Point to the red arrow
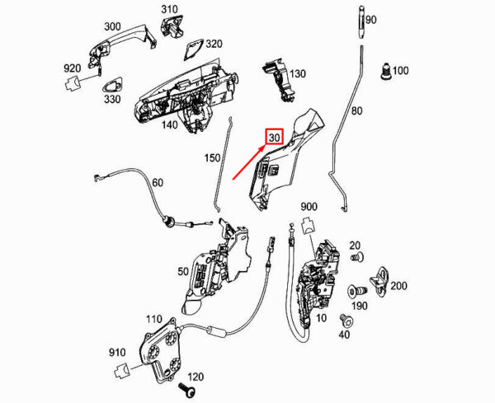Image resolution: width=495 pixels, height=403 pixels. tap(248, 162)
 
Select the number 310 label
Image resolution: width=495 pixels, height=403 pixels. tap(169, 10)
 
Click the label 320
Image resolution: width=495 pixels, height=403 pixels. tap(214, 43)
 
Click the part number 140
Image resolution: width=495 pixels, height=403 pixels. tap(169, 125)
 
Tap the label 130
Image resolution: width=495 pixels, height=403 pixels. tap(297, 73)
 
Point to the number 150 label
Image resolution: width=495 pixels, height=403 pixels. tap(212, 156)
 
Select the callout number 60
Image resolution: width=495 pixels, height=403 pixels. tap(158, 183)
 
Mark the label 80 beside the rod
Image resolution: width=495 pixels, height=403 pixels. tap(356, 110)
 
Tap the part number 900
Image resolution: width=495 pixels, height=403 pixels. tap(309, 205)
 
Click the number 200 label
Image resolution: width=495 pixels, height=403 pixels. tap(398, 286)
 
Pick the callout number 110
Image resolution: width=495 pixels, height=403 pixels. tap(153, 318)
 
